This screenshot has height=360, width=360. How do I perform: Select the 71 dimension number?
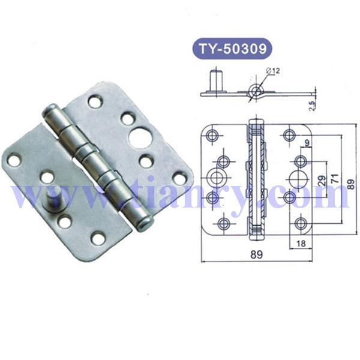pyautogui.click(x=338, y=178)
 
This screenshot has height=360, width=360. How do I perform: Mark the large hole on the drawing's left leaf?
pyautogui.click(x=216, y=178)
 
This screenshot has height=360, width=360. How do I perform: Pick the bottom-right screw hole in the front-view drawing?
pyautogui.click(x=301, y=224)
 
